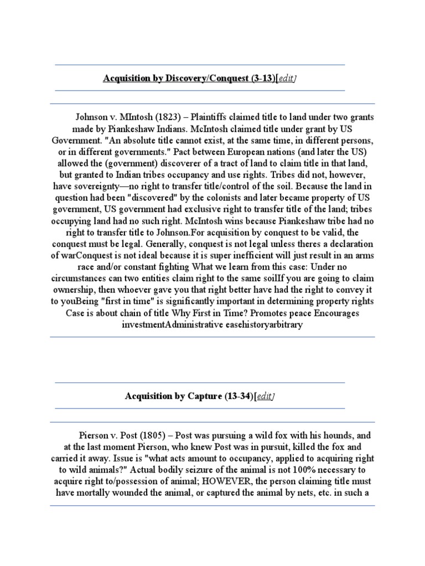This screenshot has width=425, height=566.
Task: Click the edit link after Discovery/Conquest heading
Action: tap(286, 78)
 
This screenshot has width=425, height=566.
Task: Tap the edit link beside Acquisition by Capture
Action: tap(265, 396)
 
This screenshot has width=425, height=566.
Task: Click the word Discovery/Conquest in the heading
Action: tap(205, 78)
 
